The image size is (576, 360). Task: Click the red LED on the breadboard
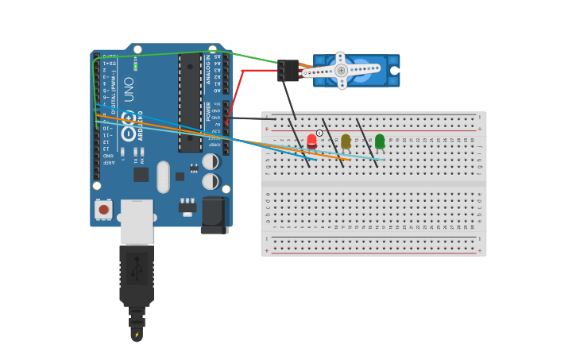click(311, 141)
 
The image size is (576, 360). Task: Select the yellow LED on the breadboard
click(346, 141)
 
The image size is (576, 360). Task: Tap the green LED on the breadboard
click(380, 141)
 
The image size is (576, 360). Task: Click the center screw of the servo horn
click(341, 70)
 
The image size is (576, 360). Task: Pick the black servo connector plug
click(288, 70)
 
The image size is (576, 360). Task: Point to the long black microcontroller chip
click(190, 103)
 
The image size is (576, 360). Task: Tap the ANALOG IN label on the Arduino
click(208, 69)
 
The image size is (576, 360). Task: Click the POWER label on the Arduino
click(208, 111)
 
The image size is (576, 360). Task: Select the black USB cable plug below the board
click(137, 274)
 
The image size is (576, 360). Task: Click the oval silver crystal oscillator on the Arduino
click(163, 176)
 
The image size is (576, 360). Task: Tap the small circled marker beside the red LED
click(319, 133)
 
